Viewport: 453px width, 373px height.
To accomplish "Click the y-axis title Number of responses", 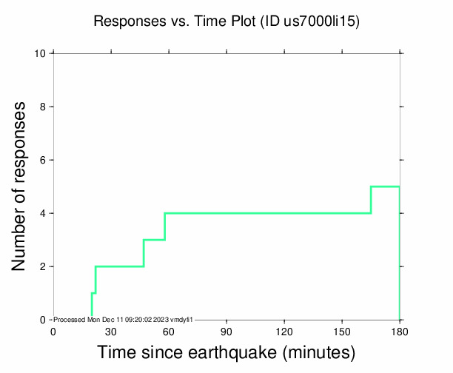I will point(23,186).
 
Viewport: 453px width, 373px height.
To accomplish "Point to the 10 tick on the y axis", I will point(42,53).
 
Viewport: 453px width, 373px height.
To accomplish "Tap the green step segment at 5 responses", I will point(385,186).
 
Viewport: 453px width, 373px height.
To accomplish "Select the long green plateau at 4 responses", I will point(266,213).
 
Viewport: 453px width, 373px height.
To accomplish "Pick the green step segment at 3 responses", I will point(154,240).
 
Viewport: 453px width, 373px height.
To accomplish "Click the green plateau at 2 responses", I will point(118,266).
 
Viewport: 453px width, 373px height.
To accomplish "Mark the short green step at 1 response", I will point(93,293).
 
